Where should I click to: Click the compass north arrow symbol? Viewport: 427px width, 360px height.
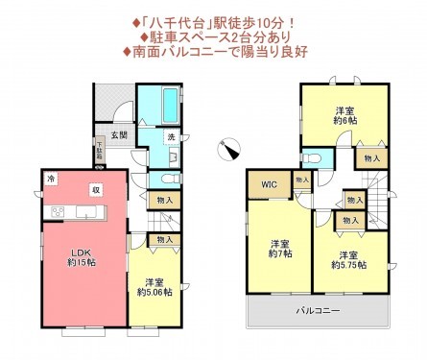click(231, 148)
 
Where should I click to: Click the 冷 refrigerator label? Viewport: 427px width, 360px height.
click(50, 179)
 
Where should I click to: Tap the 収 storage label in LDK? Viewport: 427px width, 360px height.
click(96, 189)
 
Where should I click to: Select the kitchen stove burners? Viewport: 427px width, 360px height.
click(57, 212)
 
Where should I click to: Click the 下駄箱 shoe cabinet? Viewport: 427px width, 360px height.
click(99, 150)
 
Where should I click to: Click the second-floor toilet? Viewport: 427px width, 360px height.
click(313, 156)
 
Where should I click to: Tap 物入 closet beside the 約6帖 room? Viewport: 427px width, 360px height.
click(371, 156)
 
